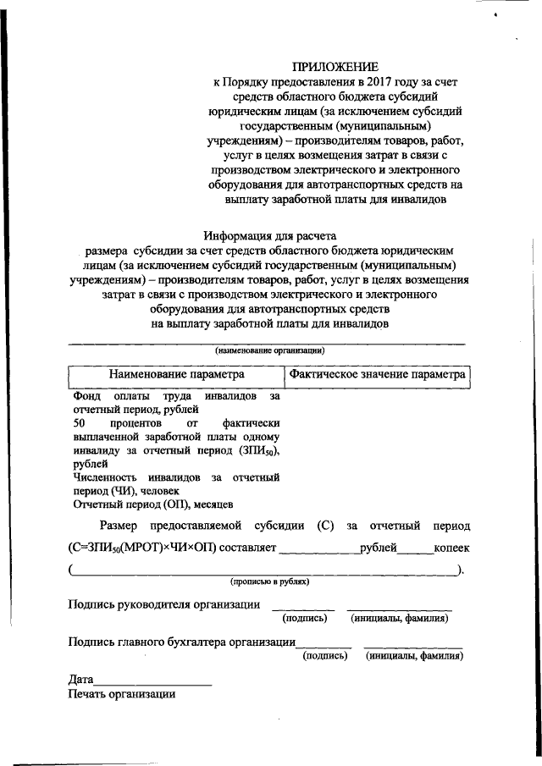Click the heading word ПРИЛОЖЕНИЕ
pyautogui.click(x=335, y=66)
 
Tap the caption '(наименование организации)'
pyautogui.click(x=269, y=350)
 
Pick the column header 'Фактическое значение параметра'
pyautogui.click(x=377, y=373)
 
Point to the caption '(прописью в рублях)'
pyautogui.click(x=269, y=581)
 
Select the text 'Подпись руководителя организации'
pyautogui.click(x=163, y=603)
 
